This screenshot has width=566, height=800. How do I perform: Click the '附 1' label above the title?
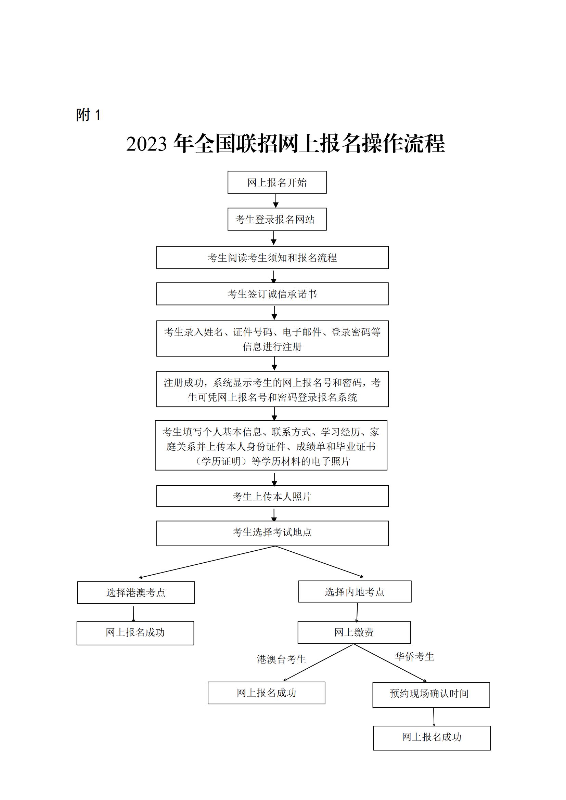[x=89, y=115]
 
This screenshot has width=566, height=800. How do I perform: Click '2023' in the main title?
[x=147, y=144]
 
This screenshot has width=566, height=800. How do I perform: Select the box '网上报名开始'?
[x=277, y=182]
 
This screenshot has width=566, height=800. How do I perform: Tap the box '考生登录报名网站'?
[x=277, y=219]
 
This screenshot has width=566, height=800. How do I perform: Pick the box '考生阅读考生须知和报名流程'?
[x=272, y=258]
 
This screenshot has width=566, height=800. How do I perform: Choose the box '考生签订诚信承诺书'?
[x=272, y=294]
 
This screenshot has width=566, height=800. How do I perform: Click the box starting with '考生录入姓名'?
[x=272, y=339]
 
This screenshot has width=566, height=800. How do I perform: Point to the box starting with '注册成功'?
[x=272, y=389]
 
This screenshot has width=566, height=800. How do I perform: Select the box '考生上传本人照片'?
[x=272, y=496]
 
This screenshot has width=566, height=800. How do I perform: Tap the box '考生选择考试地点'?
[x=272, y=534]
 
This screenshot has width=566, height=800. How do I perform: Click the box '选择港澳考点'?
[x=136, y=592]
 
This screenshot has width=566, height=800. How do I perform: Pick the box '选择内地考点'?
[x=355, y=591]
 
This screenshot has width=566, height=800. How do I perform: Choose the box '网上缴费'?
[x=354, y=632]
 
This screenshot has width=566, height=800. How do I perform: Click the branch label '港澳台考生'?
[x=281, y=659]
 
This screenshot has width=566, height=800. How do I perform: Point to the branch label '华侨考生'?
[x=415, y=656]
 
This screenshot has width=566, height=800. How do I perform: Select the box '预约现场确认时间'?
[x=431, y=695]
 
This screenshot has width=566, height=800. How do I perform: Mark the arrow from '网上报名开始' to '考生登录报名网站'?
[x=276, y=201]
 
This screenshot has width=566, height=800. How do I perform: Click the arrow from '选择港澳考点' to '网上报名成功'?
[x=133, y=613]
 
